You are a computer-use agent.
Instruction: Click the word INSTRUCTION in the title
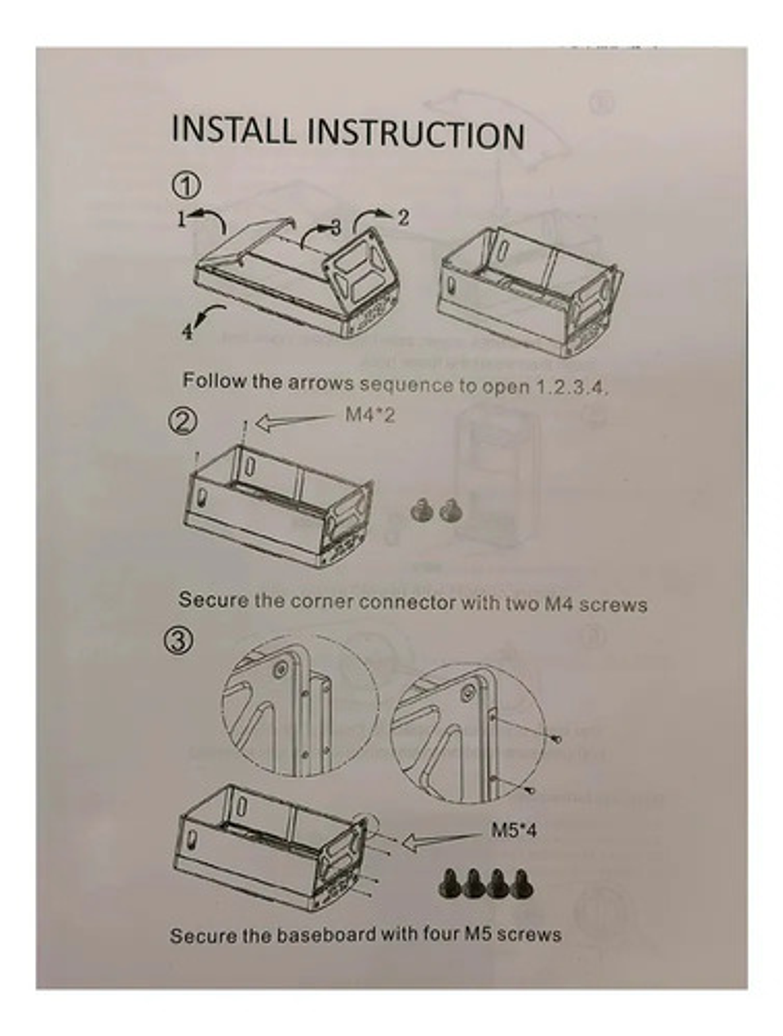pyautogui.click(x=415, y=134)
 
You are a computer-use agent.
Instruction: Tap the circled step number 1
pyautogui.click(x=186, y=186)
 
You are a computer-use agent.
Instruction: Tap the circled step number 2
pyautogui.click(x=183, y=422)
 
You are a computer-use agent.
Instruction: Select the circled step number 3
pyautogui.click(x=179, y=640)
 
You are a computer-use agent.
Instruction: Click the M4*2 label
pyautogui.click(x=370, y=415)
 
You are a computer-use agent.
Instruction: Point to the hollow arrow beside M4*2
pyautogui.click(x=293, y=421)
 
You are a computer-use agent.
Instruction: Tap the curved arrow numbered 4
pyautogui.click(x=210, y=314)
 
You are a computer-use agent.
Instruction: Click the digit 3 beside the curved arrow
pyautogui.click(x=335, y=228)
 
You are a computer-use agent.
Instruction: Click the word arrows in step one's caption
pyautogui.click(x=321, y=383)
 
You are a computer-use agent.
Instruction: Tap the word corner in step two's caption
pyautogui.click(x=322, y=601)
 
